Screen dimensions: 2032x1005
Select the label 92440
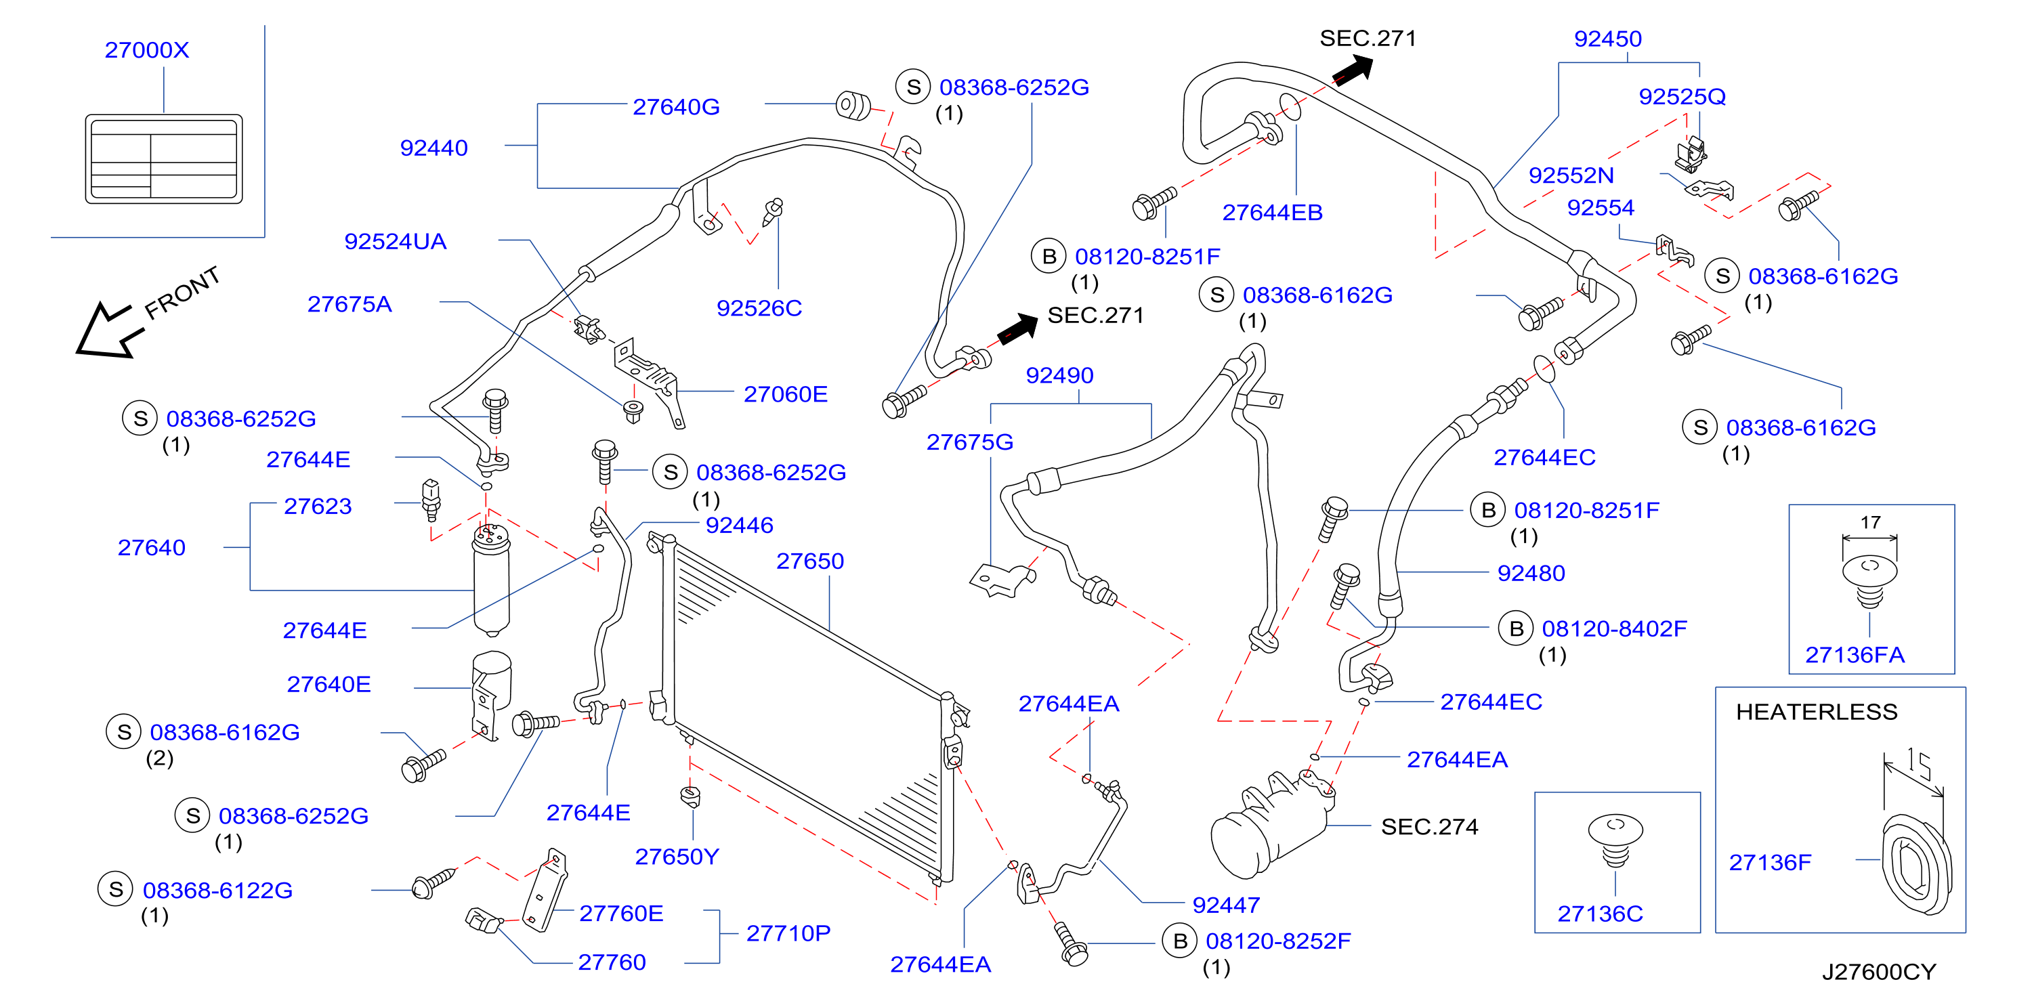click(434, 148)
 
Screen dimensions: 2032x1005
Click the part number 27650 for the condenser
click(810, 561)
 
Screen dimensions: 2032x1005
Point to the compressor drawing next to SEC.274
click(1270, 824)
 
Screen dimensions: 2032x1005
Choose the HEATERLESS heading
click(1817, 712)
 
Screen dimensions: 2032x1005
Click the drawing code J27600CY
click(1879, 972)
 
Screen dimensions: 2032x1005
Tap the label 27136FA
click(1855, 655)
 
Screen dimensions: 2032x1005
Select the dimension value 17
click(1870, 522)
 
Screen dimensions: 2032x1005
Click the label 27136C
click(1600, 914)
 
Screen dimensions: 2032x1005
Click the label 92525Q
click(1682, 96)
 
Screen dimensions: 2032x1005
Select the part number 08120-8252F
click(1278, 941)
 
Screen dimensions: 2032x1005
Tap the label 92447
click(1226, 905)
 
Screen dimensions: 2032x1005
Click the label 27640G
click(676, 106)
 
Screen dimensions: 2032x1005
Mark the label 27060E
click(786, 393)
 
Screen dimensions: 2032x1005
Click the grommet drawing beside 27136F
click(1916, 867)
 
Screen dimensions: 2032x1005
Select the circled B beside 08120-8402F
click(1515, 628)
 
